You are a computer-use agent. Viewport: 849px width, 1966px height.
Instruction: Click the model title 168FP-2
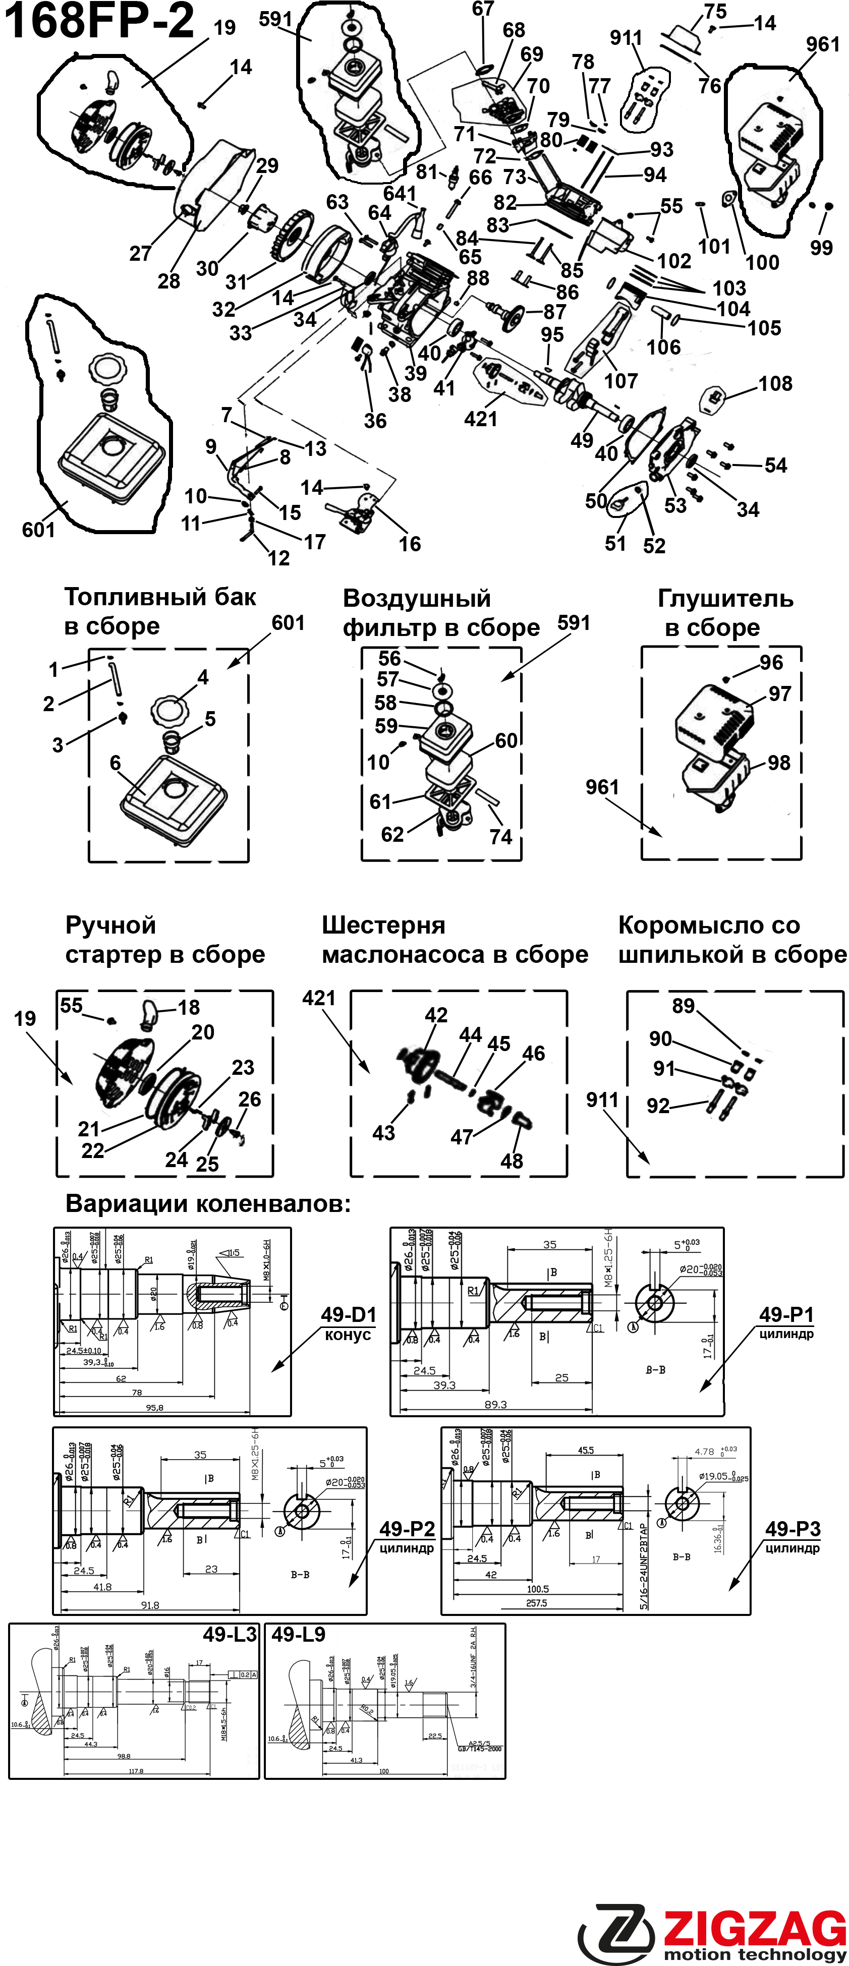pos(99,21)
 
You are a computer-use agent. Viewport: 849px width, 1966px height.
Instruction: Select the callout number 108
pos(775,384)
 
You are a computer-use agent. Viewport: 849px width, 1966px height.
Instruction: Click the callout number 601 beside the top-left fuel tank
pos(38,530)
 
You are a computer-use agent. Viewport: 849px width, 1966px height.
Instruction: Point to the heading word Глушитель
pos(725,599)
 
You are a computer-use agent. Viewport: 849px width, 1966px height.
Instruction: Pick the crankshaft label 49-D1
pos(348,1314)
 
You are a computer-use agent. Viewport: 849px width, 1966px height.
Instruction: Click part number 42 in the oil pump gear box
pos(436,1015)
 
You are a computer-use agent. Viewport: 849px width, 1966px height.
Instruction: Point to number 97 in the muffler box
pos(779,693)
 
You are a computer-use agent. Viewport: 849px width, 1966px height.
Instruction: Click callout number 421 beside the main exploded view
pos(481,419)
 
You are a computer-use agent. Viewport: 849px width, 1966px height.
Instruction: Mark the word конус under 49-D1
pos(348,1335)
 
